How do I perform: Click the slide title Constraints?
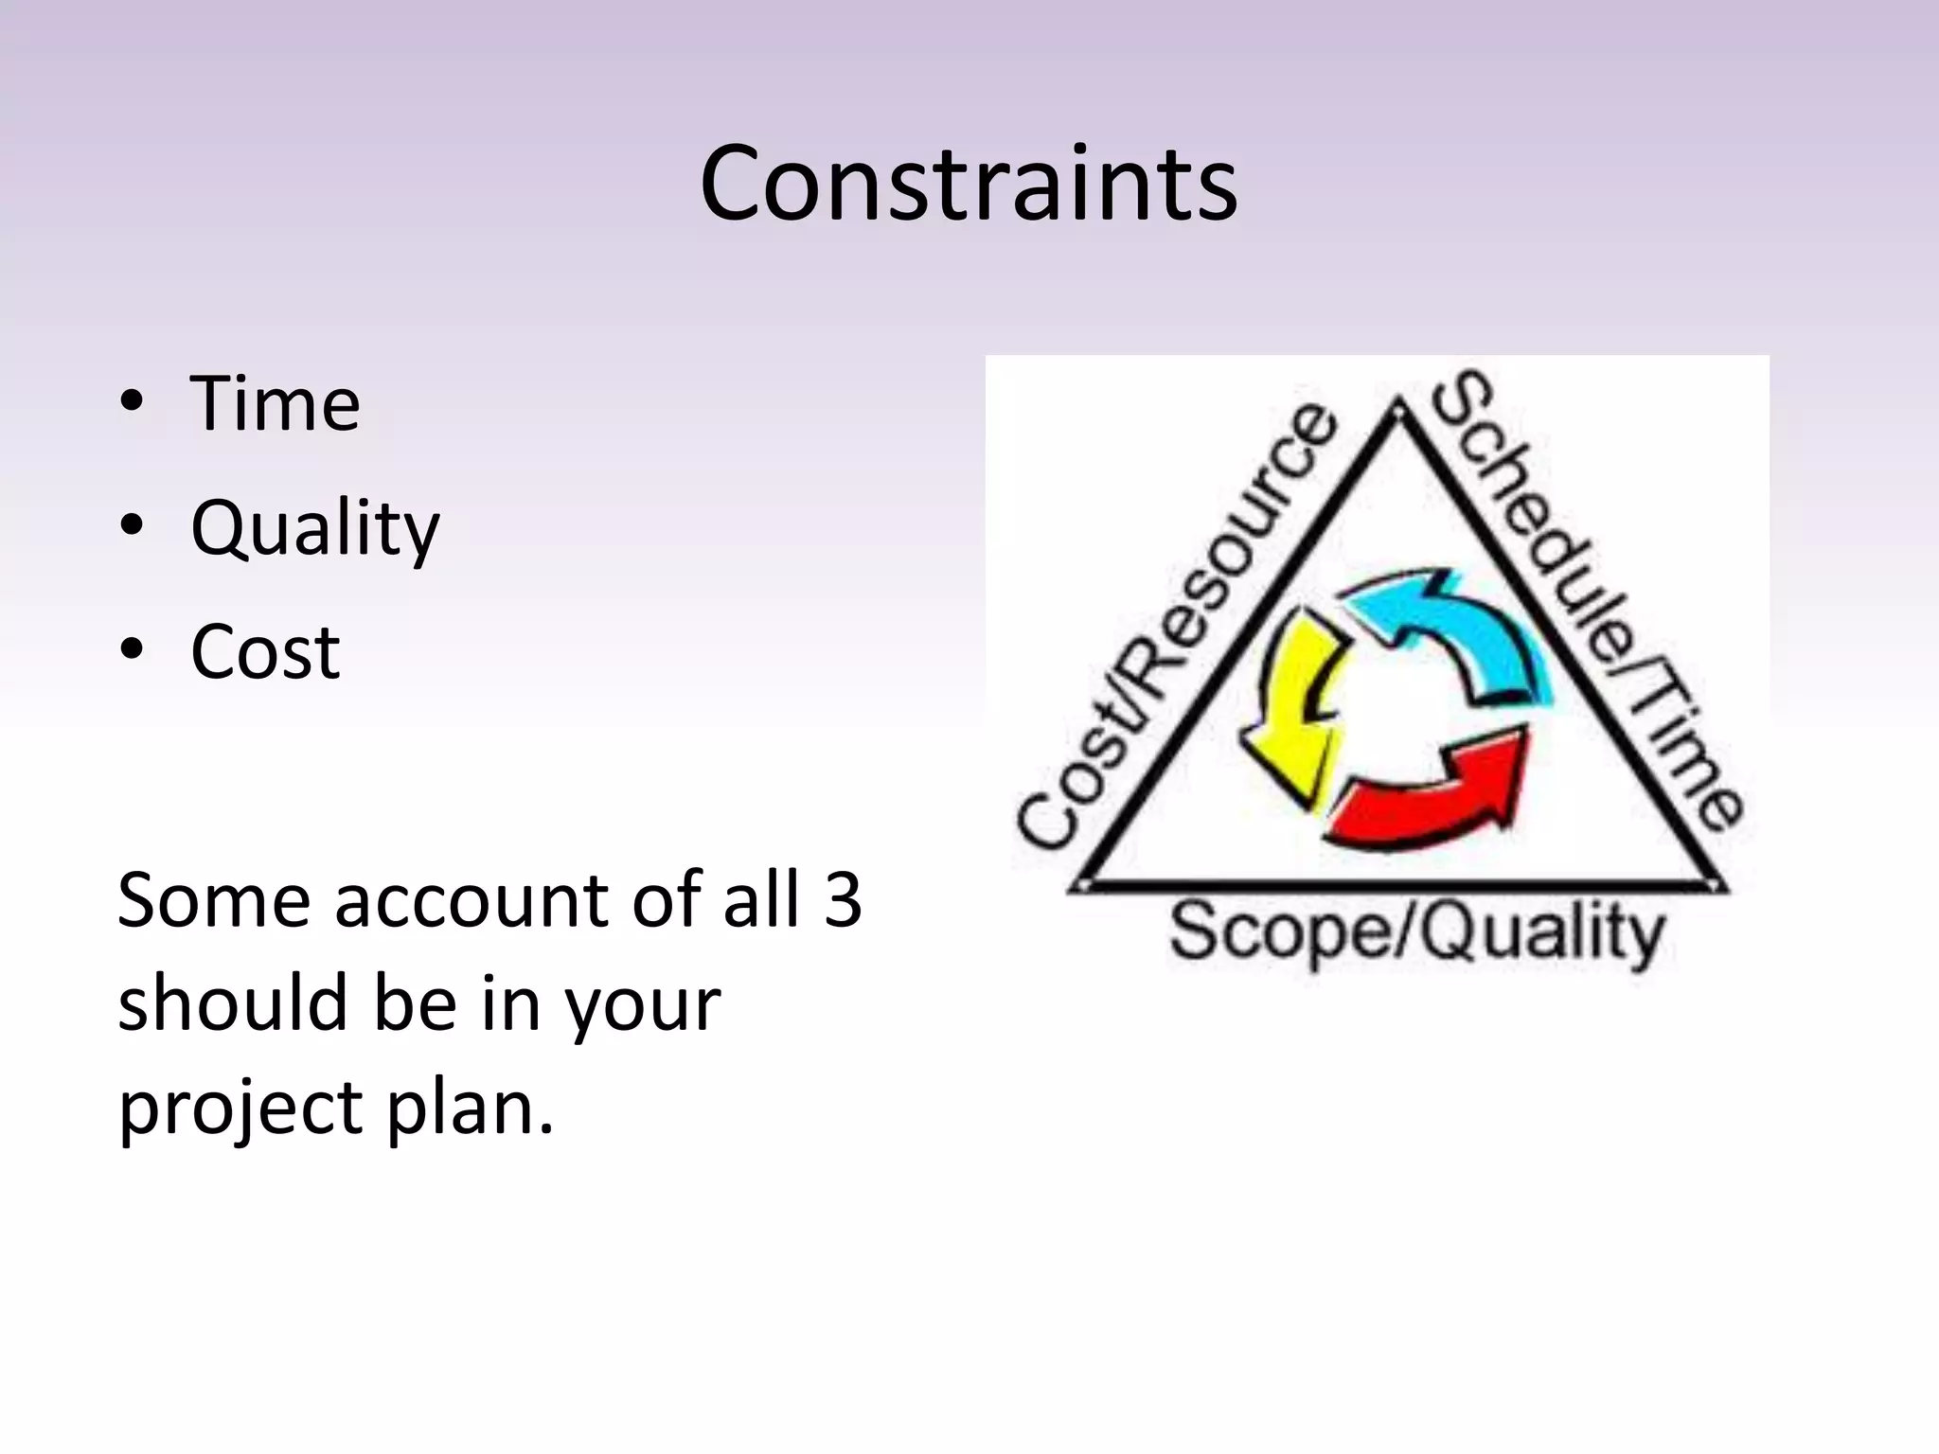[969, 184]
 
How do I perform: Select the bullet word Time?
[275, 404]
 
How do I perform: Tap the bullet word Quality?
[314, 528]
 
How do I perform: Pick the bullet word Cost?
[265, 652]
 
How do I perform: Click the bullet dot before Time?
[132, 401]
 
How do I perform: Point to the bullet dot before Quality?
[132, 525]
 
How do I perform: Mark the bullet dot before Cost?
[132, 649]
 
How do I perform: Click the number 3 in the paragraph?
[842, 899]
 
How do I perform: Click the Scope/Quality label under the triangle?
[1416, 933]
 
